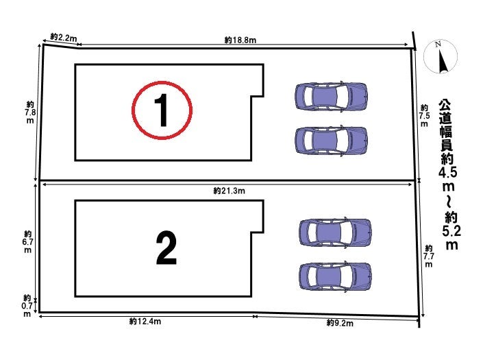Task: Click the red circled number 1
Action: tap(162, 110)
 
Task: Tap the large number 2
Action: tap(166, 248)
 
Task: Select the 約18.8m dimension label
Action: tap(240, 40)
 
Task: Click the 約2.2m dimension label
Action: tap(64, 38)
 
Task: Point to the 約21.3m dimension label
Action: tap(230, 191)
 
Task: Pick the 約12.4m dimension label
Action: tap(145, 322)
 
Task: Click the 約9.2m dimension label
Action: tap(340, 323)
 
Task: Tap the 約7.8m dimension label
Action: tap(30, 112)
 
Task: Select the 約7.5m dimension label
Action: tap(425, 116)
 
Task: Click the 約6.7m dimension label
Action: tap(27, 242)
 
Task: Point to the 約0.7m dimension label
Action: tap(27, 306)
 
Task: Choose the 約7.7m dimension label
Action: tap(428, 256)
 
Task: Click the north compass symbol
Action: tap(441, 57)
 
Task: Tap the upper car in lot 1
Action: tap(331, 96)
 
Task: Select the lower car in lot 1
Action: tap(331, 141)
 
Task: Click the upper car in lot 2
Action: tap(335, 232)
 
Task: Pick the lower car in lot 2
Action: tap(335, 276)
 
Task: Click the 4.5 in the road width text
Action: tap(447, 172)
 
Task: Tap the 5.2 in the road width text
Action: tap(451, 231)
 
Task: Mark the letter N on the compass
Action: tap(438, 44)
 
